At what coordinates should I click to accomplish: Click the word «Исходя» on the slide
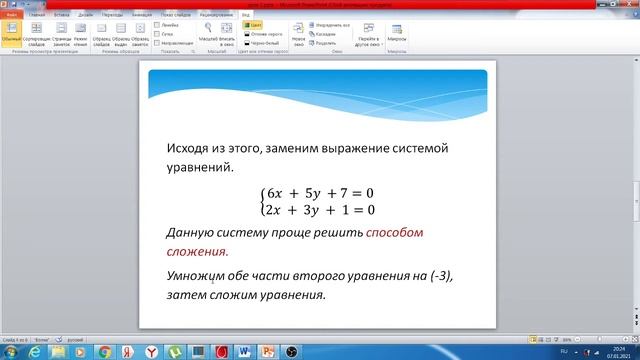tap(191, 148)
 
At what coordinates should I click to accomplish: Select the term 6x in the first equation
tap(277, 192)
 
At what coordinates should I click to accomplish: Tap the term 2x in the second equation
tap(277, 210)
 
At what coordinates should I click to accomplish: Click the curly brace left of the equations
tap(262, 201)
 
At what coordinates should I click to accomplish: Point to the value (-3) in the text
tap(451, 277)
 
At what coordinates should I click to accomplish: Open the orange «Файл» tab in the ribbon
tap(11, 16)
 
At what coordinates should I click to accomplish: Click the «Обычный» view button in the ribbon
tap(11, 38)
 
